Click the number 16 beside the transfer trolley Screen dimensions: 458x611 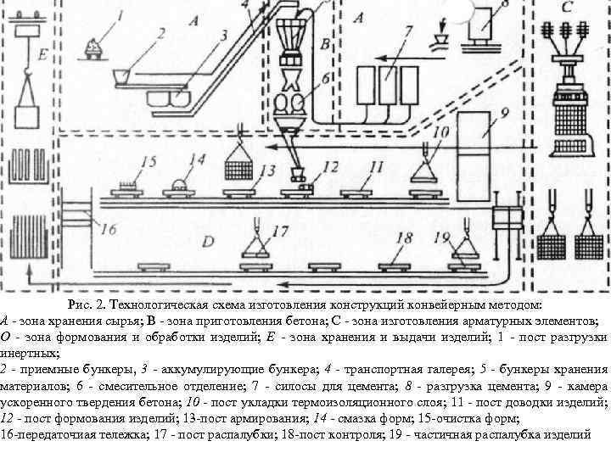pyautogui.click(x=108, y=227)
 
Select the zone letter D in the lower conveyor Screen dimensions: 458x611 pyautogui.click(x=208, y=241)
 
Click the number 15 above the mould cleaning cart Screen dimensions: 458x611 pyautogui.click(x=149, y=160)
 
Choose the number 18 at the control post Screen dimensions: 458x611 pyautogui.click(x=405, y=237)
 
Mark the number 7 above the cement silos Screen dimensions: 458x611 pyautogui.click(x=408, y=33)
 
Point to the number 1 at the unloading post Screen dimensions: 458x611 pyautogui.click(x=120, y=14)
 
